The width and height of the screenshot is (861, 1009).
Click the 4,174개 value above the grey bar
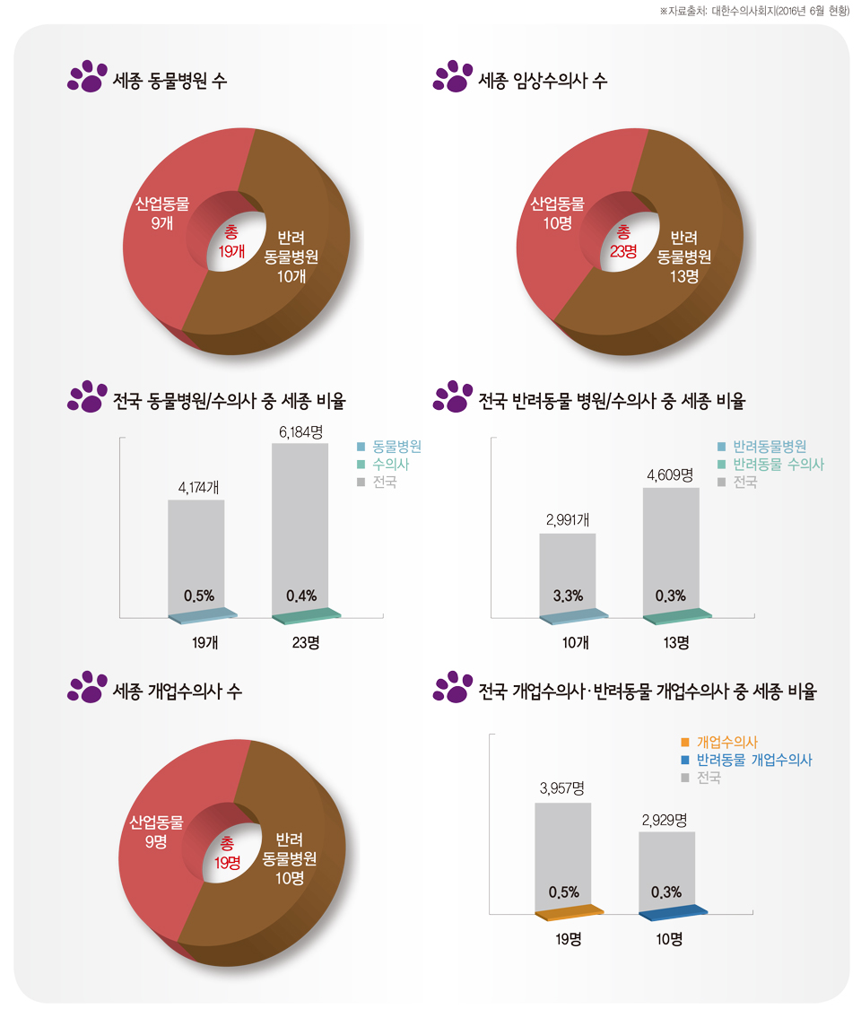(x=196, y=489)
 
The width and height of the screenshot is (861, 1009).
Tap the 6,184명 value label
(x=300, y=432)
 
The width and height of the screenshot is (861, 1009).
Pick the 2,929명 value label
(x=665, y=820)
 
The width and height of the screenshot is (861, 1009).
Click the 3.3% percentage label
(x=567, y=596)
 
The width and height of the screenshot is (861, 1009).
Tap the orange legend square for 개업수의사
(x=685, y=742)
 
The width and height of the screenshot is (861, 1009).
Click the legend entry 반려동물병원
(x=769, y=446)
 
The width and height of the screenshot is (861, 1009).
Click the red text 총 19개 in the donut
(x=230, y=241)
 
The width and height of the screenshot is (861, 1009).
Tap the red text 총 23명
(x=623, y=241)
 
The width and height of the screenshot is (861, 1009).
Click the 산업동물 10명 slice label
(x=557, y=213)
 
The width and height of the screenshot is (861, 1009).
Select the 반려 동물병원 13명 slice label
(x=684, y=257)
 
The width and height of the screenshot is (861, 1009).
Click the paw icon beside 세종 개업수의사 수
(x=86, y=687)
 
